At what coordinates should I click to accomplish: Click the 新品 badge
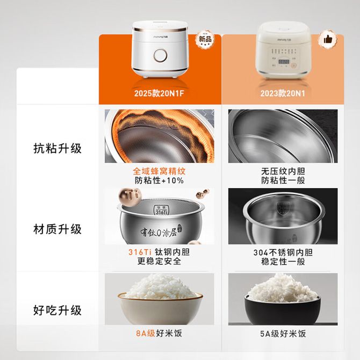coord(205,39)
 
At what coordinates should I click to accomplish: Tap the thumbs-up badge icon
coord(328,39)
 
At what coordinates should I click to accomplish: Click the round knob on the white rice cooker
coord(161,55)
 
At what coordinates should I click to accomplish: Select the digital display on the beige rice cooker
coord(284,62)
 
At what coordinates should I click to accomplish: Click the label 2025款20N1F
coord(159,93)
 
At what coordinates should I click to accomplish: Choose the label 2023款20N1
coord(283,93)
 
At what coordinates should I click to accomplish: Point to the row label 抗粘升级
coord(57,148)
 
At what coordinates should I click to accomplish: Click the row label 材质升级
coord(57,229)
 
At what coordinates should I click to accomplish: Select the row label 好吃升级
coord(57,311)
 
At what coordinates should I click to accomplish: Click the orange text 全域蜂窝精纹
coord(159,171)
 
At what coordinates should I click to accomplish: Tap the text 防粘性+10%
coord(159,181)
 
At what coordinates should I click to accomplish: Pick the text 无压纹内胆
coord(283,171)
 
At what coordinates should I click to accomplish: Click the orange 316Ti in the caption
coord(140,252)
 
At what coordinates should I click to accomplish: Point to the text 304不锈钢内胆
coord(283,253)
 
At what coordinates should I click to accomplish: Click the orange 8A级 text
coord(146,333)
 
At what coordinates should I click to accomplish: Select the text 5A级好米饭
coord(283,334)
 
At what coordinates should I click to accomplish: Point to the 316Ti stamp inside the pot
coord(161,210)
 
